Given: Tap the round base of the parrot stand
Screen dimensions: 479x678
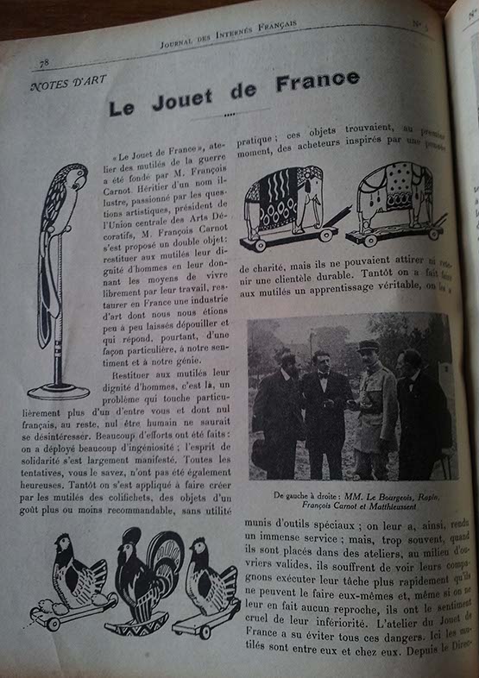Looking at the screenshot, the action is click(59, 390).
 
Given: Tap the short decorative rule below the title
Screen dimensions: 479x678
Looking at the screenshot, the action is click(228, 116).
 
